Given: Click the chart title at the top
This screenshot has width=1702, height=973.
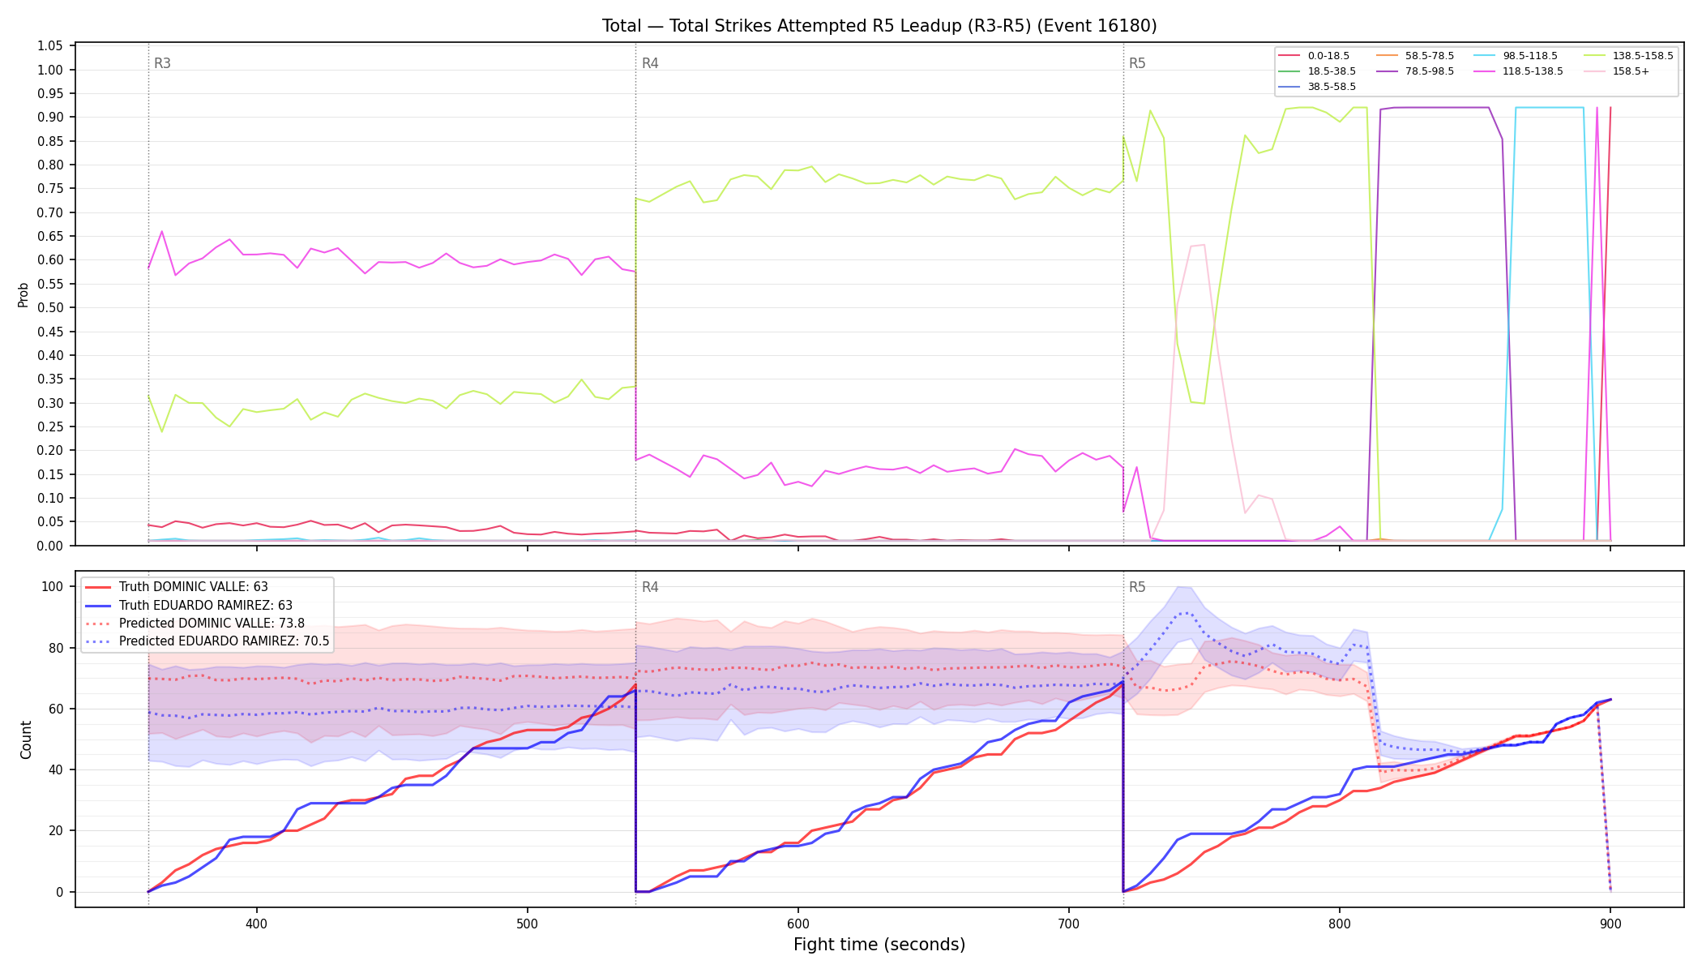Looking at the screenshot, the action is (x=879, y=26).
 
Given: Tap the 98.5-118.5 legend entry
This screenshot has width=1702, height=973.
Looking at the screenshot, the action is (x=1516, y=56).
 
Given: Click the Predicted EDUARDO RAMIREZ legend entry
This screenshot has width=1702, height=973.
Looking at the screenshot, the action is (x=207, y=641).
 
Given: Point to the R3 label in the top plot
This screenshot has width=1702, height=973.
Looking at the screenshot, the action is (x=162, y=63).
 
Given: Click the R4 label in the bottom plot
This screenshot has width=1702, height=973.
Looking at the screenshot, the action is (x=650, y=587).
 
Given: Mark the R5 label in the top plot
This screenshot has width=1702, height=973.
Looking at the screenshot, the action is (x=1137, y=63).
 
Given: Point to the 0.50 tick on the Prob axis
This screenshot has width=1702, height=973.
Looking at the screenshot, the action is (x=50, y=307).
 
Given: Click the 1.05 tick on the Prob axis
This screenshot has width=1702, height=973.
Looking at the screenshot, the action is (x=50, y=45).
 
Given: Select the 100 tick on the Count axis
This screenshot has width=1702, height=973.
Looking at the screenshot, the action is (x=53, y=586).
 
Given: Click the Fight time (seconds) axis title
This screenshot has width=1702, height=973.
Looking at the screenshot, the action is (x=879, y=945).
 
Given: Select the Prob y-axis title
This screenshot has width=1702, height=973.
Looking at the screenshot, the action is (x=24, y=294).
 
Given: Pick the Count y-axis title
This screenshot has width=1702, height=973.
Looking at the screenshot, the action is (x=26, y=739).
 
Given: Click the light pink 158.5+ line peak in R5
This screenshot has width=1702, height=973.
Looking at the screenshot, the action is (x=1204, y=245).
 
